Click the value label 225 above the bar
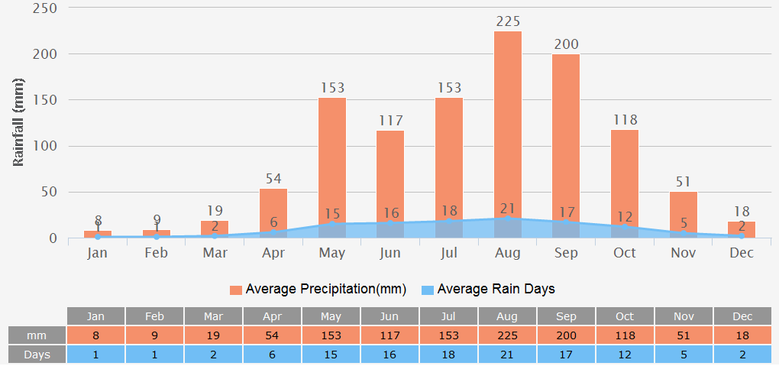508,21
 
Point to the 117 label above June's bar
390,121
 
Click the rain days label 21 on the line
508,209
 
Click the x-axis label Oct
625,253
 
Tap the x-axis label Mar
215,253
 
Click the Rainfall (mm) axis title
19,122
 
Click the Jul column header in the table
448,316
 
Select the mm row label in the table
37,335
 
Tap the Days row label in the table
37,355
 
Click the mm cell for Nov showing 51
684,335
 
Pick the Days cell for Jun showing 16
389,355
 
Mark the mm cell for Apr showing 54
272,335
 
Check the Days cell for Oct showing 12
625,355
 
